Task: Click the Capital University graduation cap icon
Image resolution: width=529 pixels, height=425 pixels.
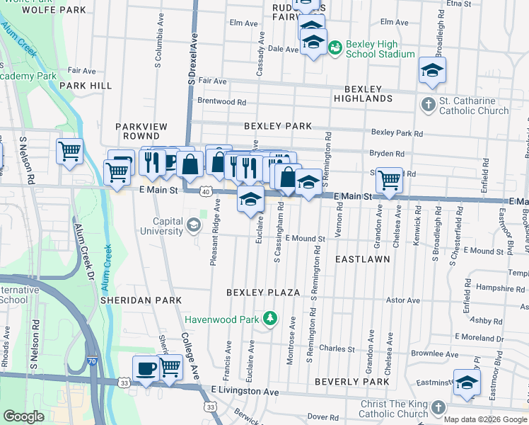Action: click(193, 226)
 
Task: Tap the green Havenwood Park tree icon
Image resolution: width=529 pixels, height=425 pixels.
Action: click(269, 319)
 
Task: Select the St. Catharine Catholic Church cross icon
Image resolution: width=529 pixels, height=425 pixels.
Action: click(428, 106)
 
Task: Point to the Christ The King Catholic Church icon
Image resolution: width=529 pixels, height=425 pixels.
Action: click(438, 408)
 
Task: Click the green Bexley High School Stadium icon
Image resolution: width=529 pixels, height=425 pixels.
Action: click(335, 47)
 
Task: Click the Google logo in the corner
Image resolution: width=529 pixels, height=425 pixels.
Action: click(24, 416)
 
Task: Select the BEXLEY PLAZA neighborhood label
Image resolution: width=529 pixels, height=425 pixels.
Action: click(263, 293)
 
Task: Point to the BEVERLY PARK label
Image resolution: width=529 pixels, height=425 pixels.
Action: click(352, 382)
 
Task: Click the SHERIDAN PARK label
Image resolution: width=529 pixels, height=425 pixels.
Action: click(141, 300)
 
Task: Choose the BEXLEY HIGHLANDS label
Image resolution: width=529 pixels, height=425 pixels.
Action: click(368, 94)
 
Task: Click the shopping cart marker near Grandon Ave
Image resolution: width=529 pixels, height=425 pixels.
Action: click(389, 180)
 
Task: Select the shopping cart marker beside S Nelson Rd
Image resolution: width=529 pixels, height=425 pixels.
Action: click(70, 151)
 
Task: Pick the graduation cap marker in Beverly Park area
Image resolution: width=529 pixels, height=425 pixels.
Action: click(467, 382)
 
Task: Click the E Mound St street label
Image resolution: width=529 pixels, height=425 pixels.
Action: click(306, 239)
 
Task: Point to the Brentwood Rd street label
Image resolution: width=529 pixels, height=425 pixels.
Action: click(222, 101)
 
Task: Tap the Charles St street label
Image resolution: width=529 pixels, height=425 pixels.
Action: click(337, 348)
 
